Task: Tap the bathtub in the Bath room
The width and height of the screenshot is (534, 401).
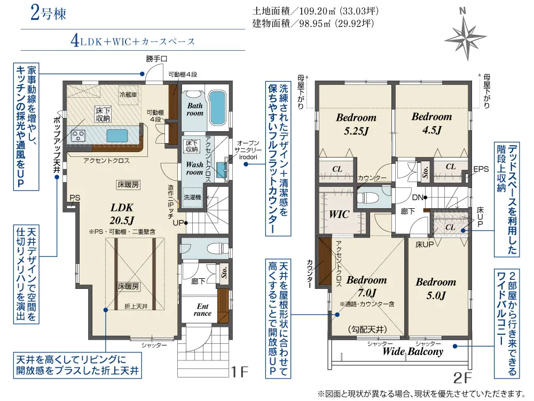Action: point(217,107)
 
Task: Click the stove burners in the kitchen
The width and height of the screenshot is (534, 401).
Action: point(80,135)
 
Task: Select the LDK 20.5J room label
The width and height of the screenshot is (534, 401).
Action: point(122,214)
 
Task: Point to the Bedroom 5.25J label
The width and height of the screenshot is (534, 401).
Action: point(356,124)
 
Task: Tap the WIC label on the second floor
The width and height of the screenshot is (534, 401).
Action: point(339,214)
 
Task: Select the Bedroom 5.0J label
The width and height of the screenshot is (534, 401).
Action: point(436,288)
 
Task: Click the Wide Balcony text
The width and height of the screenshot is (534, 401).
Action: point(413,352)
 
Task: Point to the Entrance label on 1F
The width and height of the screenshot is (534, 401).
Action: point(203,310)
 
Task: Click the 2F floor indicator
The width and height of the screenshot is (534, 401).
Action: point(462,378)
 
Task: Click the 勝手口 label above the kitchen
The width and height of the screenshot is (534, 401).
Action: point(157,59)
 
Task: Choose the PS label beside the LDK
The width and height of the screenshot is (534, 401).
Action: point(74,198)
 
